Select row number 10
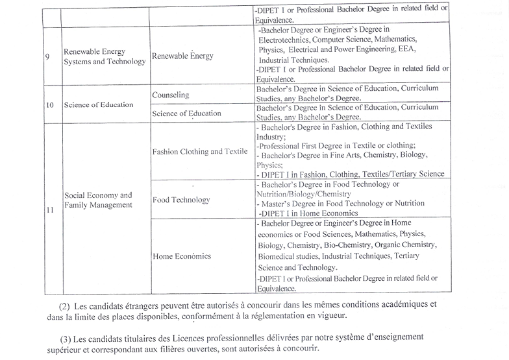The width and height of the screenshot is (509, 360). click(x=50, y=105)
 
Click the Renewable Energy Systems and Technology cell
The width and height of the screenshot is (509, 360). click(x=104, y=56)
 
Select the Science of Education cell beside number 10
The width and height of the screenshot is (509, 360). click(x=99, y=104)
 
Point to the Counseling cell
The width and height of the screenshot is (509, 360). click(x=171, y=95)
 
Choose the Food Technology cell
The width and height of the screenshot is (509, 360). click(x=181, y=200)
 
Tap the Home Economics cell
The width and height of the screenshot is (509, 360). click(x=182, y=256)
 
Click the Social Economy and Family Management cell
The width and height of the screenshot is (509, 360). click(x=98, y=200)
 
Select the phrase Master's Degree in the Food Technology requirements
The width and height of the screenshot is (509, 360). click(x=288, y=203)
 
